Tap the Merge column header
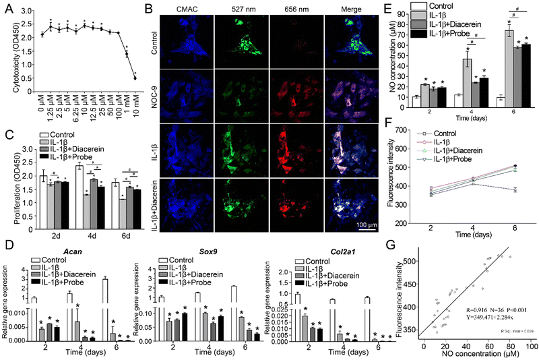point(345,9)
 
